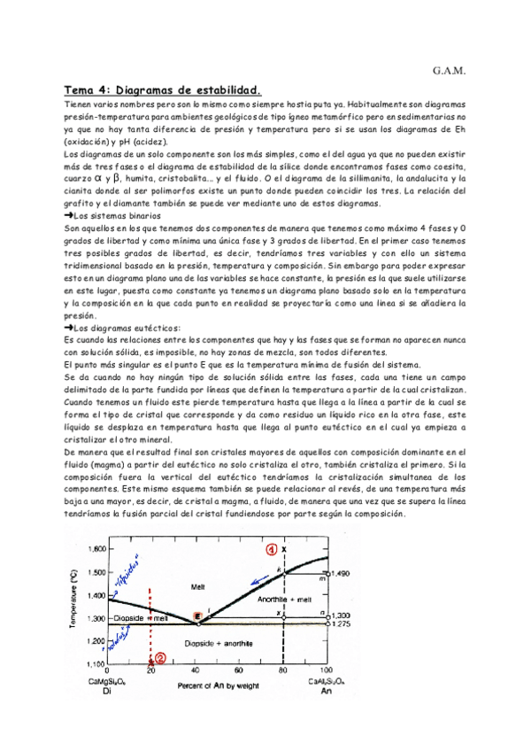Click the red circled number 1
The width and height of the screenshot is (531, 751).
coord(274,548)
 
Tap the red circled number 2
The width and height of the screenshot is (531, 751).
coord(160,658)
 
